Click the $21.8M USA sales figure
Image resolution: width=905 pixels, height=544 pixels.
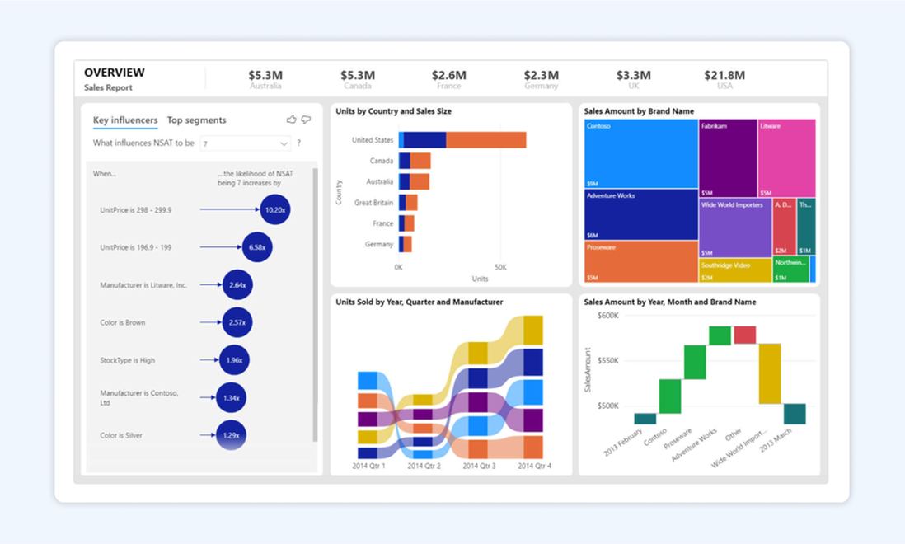[x=724, y=76]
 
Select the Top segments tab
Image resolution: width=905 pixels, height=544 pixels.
[x=196, y=120]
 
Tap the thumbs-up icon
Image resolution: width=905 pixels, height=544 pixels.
[x=291, y=120]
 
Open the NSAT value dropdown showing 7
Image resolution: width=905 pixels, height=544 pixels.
[x=246, y=143]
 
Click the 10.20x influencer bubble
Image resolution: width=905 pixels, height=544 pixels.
[x=274, y=209]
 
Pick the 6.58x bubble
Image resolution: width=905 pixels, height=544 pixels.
[x=256, y=247]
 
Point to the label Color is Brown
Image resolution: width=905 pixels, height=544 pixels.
[x=122, y=322]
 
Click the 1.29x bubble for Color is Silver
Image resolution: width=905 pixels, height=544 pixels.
[x=231, y=435]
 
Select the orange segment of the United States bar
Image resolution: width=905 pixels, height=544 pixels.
[x=485, y=140]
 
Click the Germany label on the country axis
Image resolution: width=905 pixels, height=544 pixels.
[x=379, y=244]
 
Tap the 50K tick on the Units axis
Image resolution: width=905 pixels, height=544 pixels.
[x=500, y=268]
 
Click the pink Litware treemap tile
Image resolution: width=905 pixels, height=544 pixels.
[x=786, y=157]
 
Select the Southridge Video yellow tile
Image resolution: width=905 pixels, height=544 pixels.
[x=735, y=270]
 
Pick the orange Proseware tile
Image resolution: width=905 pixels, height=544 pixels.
[x=640, y=262]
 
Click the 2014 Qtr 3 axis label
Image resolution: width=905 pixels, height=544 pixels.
[x=480, y=467]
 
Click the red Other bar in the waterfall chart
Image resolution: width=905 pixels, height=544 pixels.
[x=744, y=335]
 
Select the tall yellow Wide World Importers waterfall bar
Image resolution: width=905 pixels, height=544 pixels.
[x=769, y=373]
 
